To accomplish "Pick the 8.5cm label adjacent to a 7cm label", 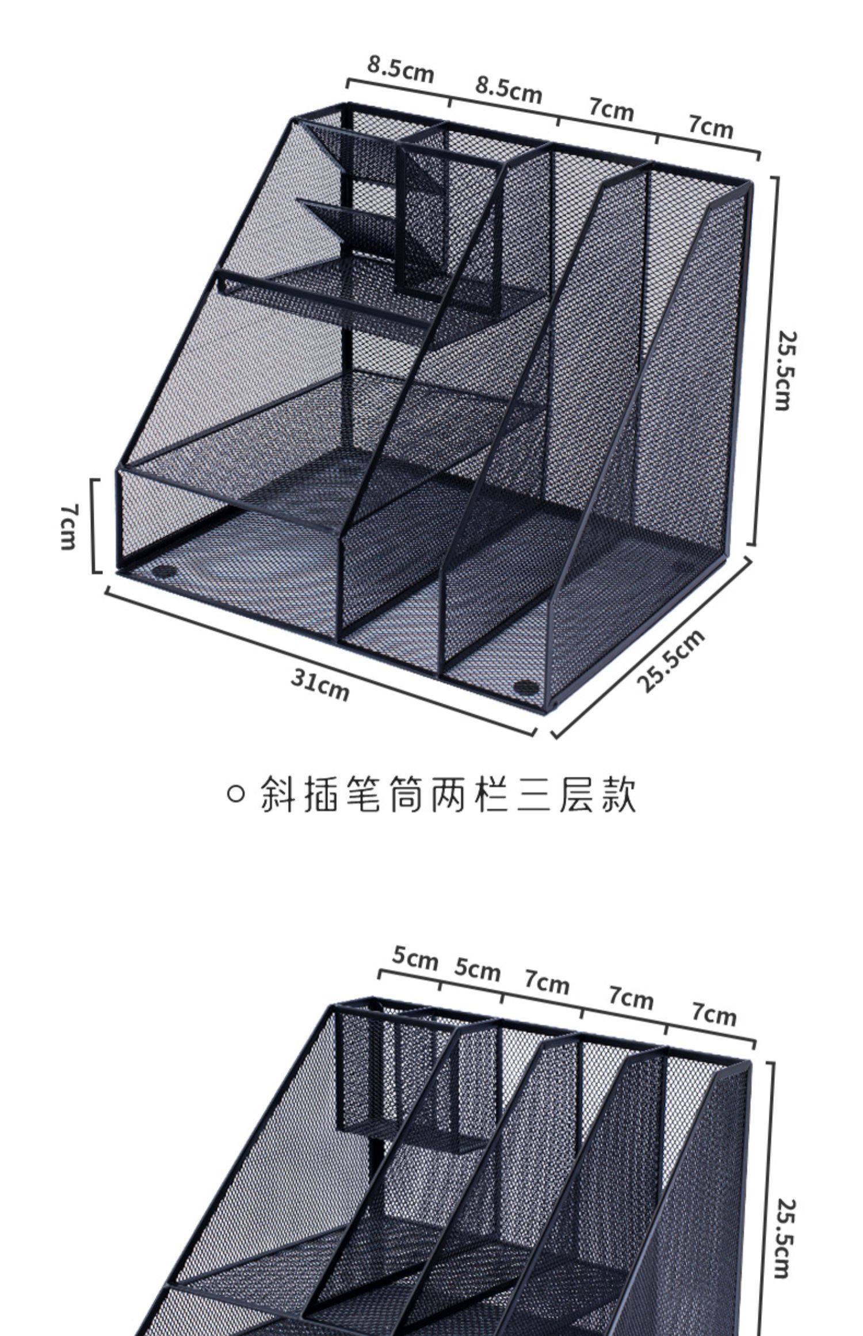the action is click(x=509, y=90).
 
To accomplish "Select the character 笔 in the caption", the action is click(x=364, y=795).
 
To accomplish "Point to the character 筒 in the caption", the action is click(x=407, y=795).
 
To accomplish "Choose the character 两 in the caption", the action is click(x=450, y=795).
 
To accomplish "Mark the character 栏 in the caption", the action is click(x=492, y=795).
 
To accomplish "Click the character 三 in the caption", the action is click(x=535, y=795).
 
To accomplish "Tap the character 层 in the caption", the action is click(x=577, y=795).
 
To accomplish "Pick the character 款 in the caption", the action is click(x=620, y=795).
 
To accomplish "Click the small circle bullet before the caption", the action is click(x=236, y=795).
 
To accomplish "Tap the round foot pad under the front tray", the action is click(x=166, y=572).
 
